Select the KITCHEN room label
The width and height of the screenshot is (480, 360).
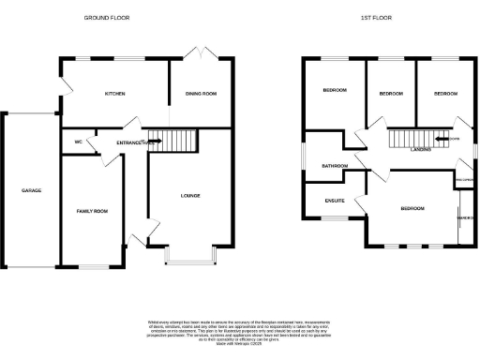pos(115,94)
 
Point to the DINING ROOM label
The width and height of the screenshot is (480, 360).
pos(201,94)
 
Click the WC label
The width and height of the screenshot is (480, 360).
pos(79,142)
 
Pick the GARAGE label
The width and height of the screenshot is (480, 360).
pos(32,190)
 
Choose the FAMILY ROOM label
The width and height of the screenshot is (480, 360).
pos(92,212)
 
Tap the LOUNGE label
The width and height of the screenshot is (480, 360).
pos(189,195)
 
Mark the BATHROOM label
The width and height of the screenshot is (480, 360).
pos(335,166)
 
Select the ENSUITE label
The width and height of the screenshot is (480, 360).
pos(335,200)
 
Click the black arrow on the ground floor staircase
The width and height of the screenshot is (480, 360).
pos(157,142)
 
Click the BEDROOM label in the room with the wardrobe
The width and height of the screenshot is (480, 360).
pos(412,208)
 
